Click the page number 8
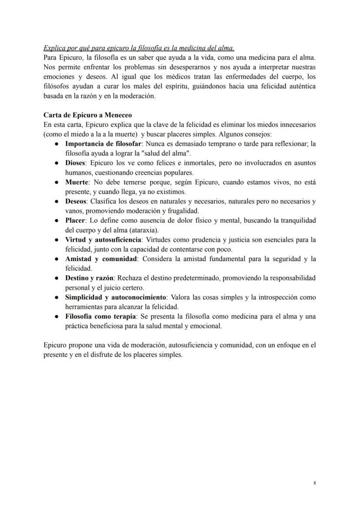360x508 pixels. [x=314, y=483]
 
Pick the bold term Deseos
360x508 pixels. [x=76, y=201]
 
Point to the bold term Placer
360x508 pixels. [x=75, y=220]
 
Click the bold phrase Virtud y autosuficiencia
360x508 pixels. [x=103, y=239]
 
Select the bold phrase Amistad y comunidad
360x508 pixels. [x=101, y=259]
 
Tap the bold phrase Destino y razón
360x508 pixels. [x=89, y=278]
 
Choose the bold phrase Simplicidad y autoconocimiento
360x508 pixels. [x=116, y=297]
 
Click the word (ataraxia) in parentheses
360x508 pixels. [x=144, y=230]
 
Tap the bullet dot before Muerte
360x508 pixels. [x=57, y=183]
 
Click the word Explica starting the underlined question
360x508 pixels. [x=53, y=48]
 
